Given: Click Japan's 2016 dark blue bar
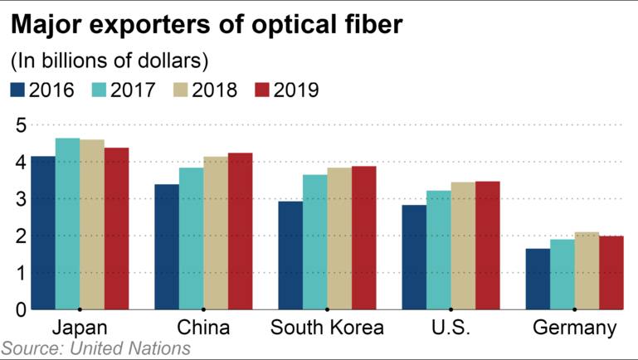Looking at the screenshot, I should [x=43, y=233].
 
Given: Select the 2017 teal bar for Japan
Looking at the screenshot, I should [x=67, y=224].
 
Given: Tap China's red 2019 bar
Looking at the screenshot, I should [x=240, y=231].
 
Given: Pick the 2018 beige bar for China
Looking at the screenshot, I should [x=216, y=233].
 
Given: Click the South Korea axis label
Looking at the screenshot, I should [x=327, y=328].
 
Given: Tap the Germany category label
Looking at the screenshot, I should [x=574, y=328].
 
